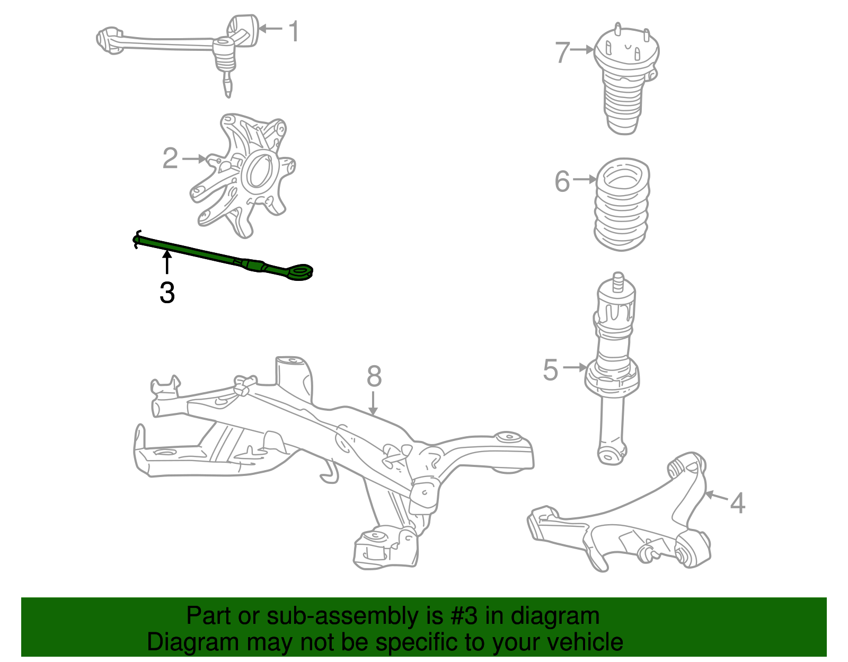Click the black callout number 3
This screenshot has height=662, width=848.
[x=167, y=293]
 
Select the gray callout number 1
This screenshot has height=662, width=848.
[x=293, y=31]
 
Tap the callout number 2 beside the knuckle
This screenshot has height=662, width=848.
[x=170, y=158]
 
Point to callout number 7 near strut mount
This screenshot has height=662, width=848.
[x=562, y=52]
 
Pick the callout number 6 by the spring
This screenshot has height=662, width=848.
[x=562, y=181]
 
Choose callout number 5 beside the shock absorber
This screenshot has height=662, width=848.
[x=551, y=369]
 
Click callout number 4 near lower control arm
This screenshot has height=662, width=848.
[x=737, y=502]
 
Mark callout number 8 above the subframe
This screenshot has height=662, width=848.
[x=374, y=376]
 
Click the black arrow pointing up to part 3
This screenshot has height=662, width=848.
[x=167, y=262]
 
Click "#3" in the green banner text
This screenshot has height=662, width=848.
[x=464, y=616]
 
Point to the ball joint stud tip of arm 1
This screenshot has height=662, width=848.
[x=228, y=90]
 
